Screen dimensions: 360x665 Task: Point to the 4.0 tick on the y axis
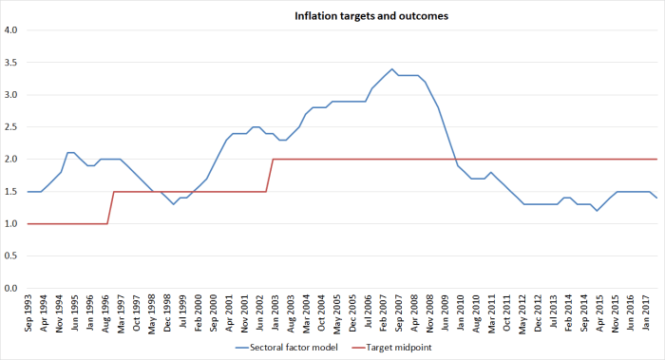coord(11,29)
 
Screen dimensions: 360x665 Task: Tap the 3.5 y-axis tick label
coord(11,62)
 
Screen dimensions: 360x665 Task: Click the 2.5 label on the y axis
coord(11,126)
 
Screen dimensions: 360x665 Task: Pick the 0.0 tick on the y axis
coord(11,288)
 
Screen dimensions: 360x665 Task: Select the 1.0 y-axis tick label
coord(11,223)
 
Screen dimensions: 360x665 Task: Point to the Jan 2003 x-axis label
coord(274,311)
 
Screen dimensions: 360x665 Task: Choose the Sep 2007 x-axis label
coord(391,311)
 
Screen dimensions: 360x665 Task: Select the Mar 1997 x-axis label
coord(120,311)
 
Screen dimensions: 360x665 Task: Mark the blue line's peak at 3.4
coord(391,68)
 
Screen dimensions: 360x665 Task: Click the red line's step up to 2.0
coord(273,160)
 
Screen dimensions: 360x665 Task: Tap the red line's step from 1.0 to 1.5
coord(113,192)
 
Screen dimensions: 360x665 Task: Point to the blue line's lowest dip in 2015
coord(597,210)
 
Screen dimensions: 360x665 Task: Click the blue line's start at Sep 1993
coord(28,191)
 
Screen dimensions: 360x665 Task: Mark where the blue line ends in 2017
coord(657,198)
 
